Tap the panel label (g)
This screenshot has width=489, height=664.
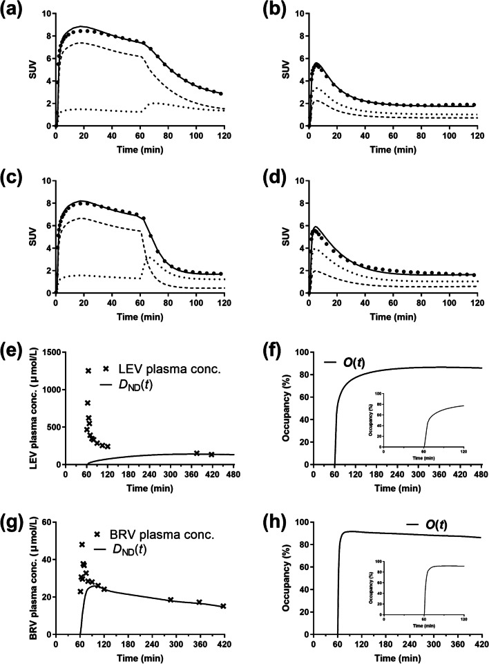(x=14, y=511)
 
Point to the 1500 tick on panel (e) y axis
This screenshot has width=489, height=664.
(x=49, y=352)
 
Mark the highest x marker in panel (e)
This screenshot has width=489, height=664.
(x=88, y=371)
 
